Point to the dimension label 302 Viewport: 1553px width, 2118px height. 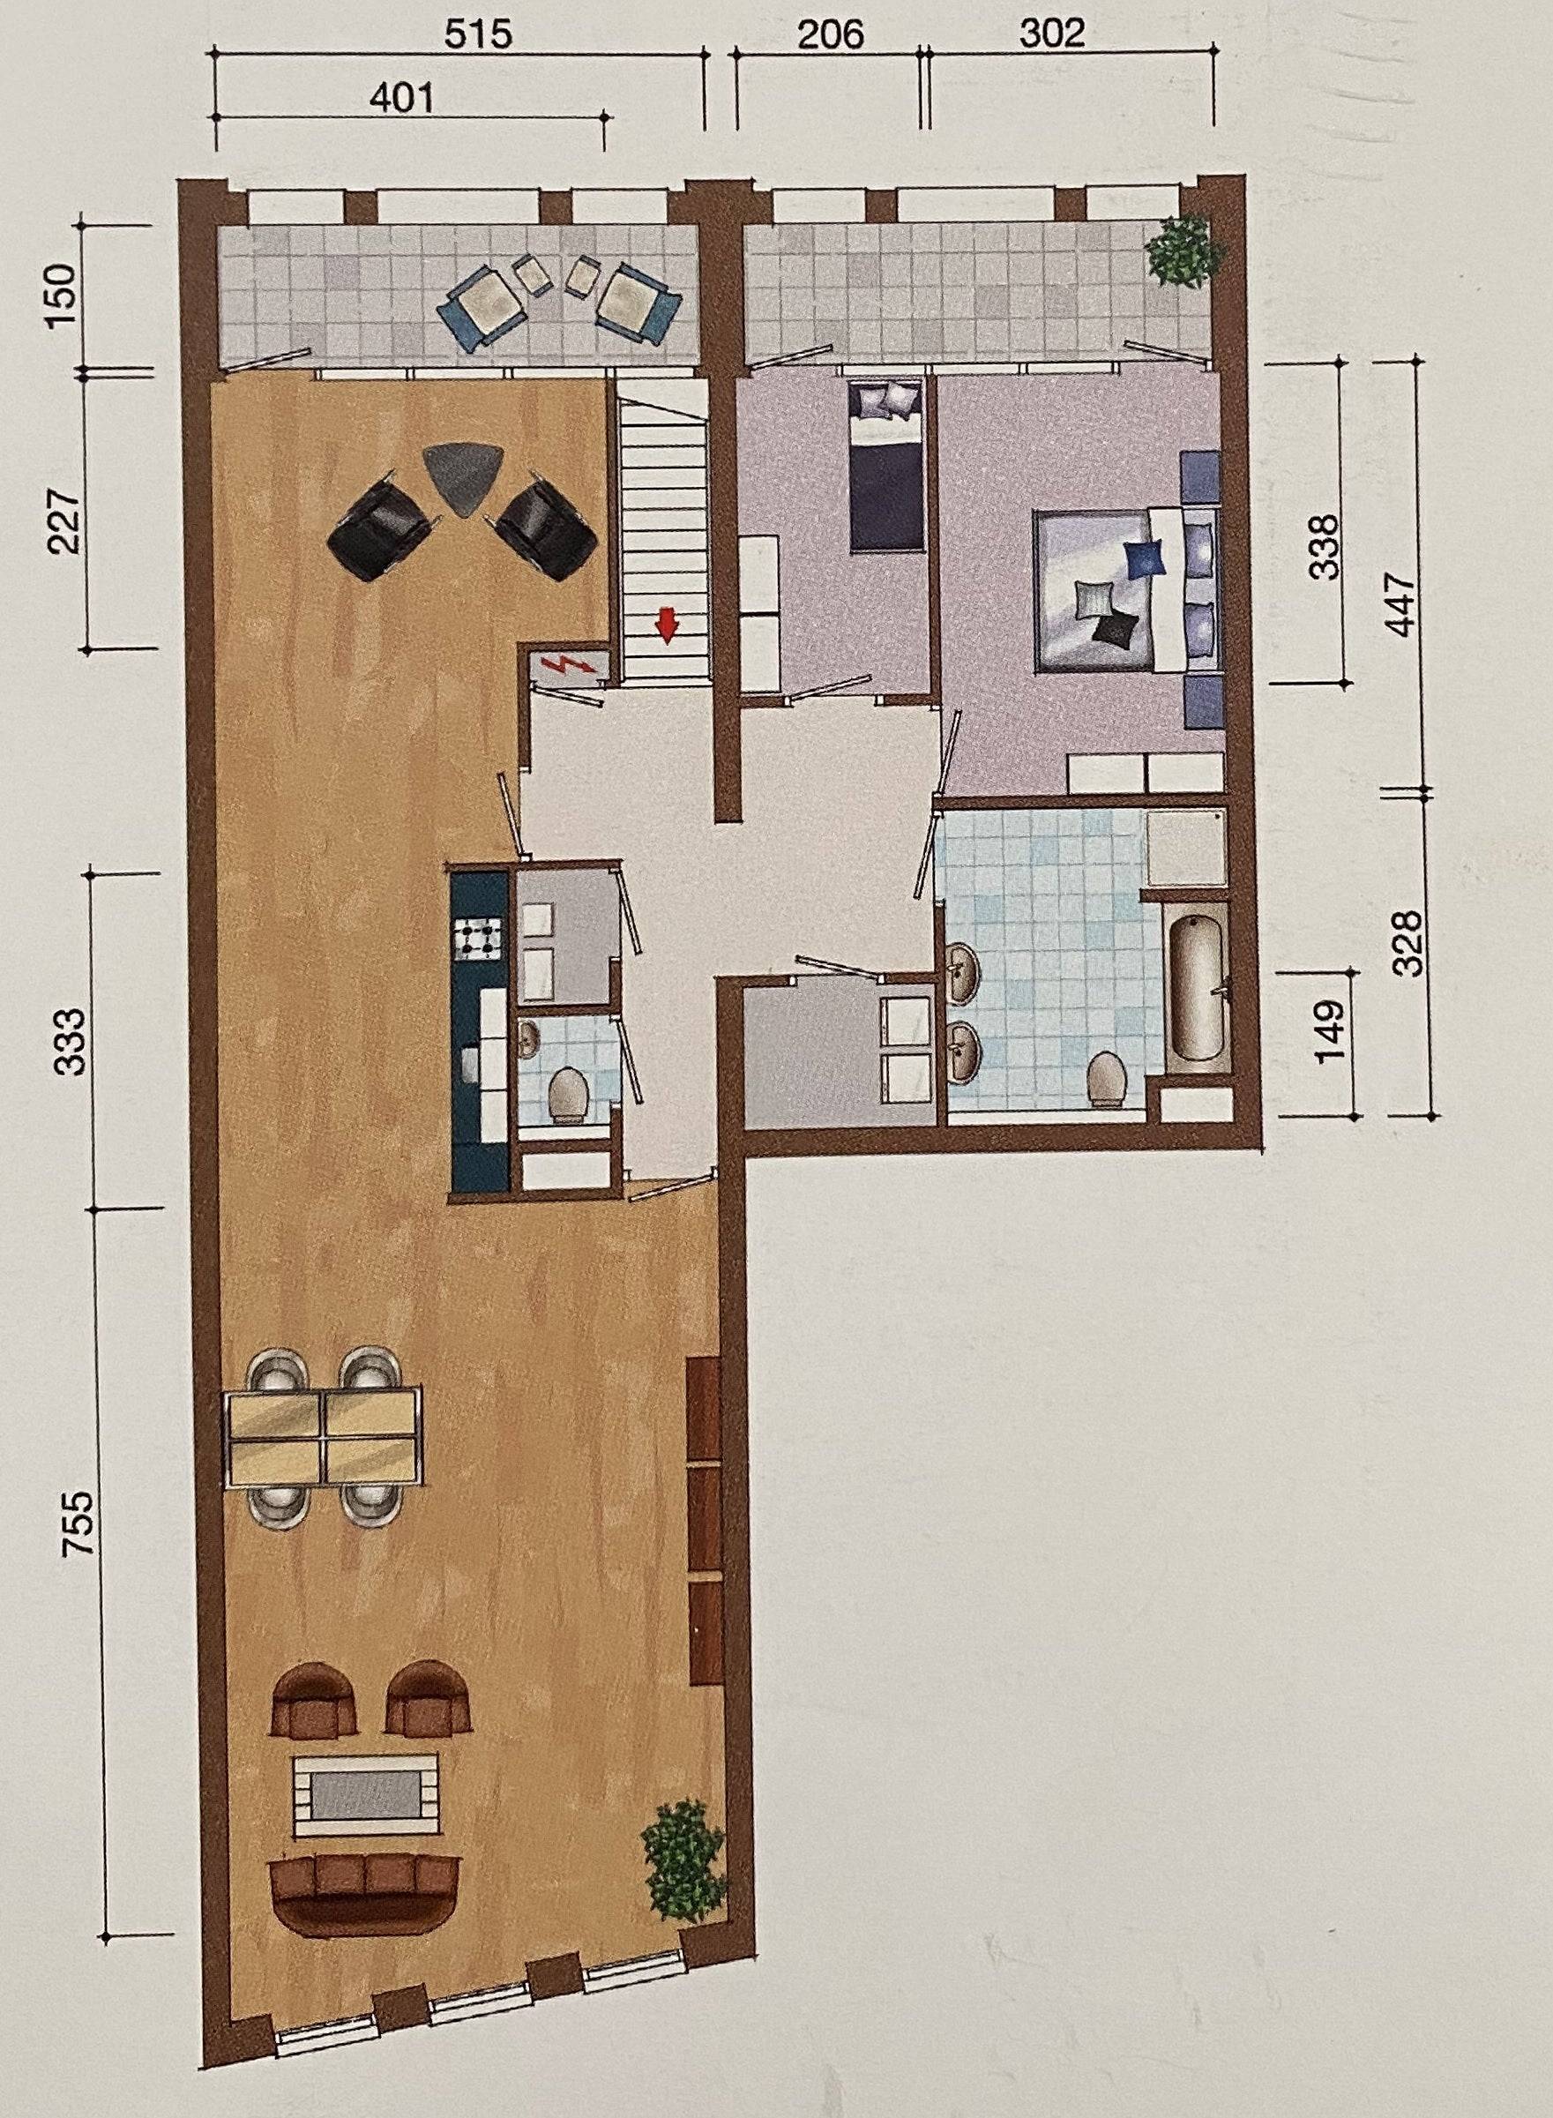click(1052, 33)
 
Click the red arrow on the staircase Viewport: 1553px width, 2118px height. click(668, 625)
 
